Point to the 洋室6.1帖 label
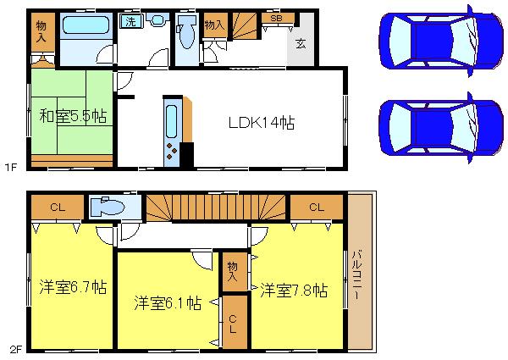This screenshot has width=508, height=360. [x=167, y=302]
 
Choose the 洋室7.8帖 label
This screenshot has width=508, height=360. [x=294, y=291]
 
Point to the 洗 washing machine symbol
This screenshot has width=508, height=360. [x=129, y=20]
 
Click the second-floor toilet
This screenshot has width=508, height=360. [x=107, y=208]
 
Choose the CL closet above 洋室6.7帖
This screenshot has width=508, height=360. [x=58, y=207]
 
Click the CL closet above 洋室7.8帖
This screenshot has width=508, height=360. [x=317, y=207]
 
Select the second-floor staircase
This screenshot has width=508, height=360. [x=216, y=207]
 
